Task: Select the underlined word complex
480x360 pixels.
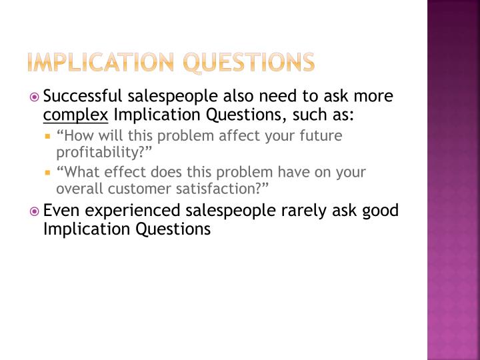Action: (75, 115)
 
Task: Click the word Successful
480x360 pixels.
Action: (81, 97)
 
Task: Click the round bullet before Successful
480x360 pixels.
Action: (36, 97)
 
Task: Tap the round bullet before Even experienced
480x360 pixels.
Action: (36, 212)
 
